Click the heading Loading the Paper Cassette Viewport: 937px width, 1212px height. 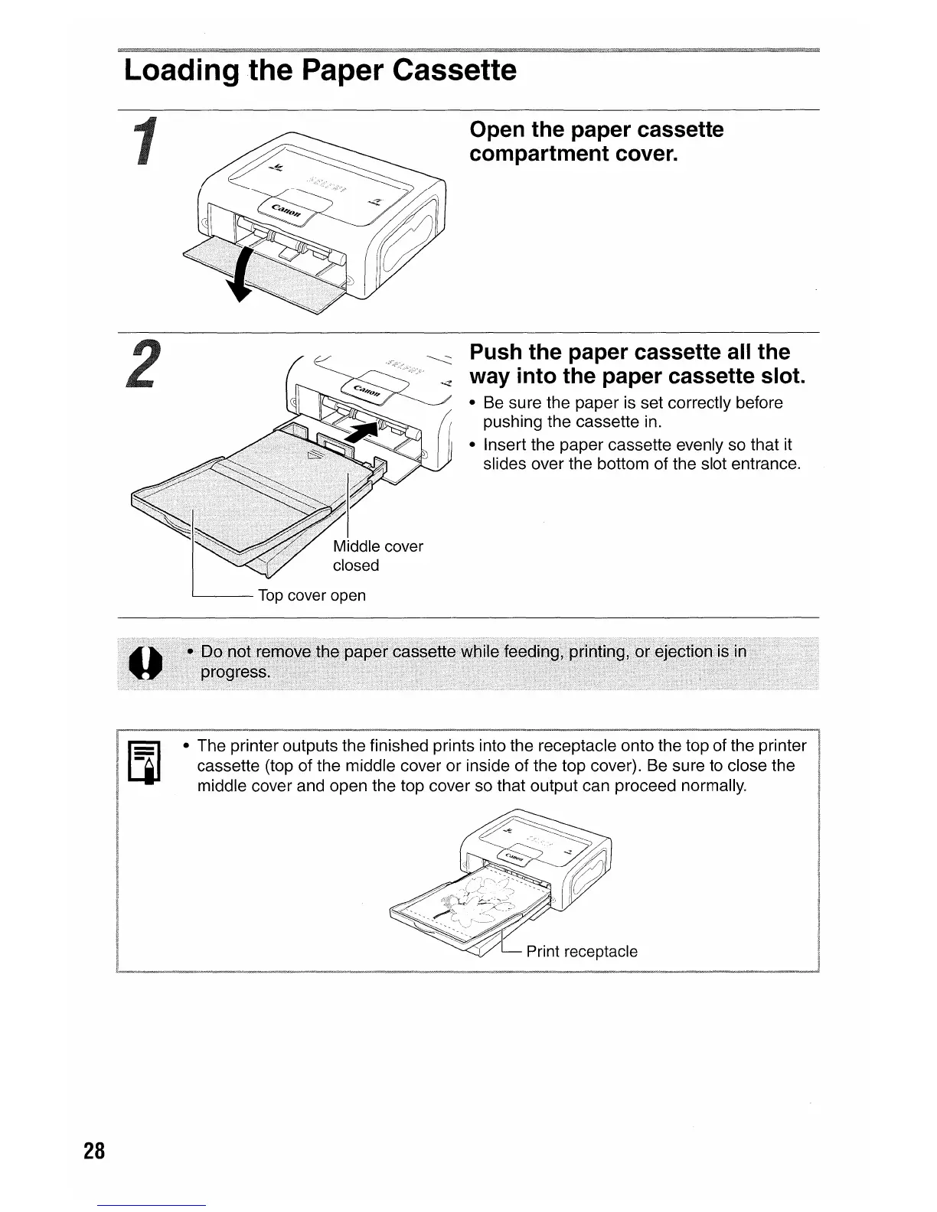coord(320,71)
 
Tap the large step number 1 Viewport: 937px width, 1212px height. coord(143,141)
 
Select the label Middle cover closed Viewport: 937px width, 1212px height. coord(377,555)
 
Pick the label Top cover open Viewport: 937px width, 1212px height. coord(312,595)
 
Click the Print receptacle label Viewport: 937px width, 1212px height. coord(582,951)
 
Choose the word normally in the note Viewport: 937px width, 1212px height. coord(711,786)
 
